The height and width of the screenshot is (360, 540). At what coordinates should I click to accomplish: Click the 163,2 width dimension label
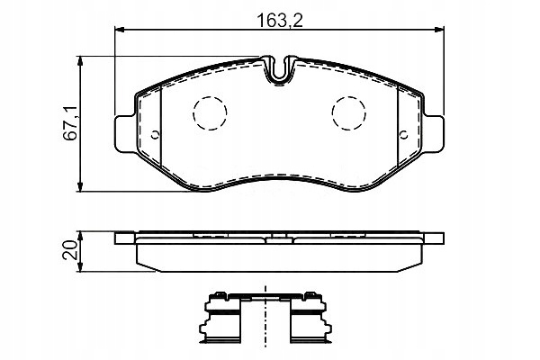[280, 21]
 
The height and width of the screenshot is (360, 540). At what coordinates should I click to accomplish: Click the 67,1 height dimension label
[71, 123]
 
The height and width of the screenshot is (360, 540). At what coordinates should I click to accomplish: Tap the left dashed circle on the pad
[210, 113]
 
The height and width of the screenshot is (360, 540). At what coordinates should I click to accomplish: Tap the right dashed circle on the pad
[349, 113]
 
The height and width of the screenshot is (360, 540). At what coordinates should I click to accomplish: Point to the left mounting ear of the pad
[125, 134]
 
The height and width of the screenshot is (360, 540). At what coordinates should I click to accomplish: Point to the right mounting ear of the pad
[433, 134]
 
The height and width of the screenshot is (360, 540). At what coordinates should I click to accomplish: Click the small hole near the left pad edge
[155, 135]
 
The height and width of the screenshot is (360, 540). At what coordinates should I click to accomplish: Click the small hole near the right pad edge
[403, 135]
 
